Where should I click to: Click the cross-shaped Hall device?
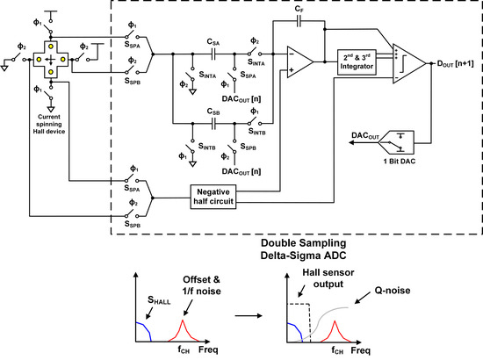[51, 58]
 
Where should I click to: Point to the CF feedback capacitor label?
[299, 10]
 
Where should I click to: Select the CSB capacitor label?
[212, 112]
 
